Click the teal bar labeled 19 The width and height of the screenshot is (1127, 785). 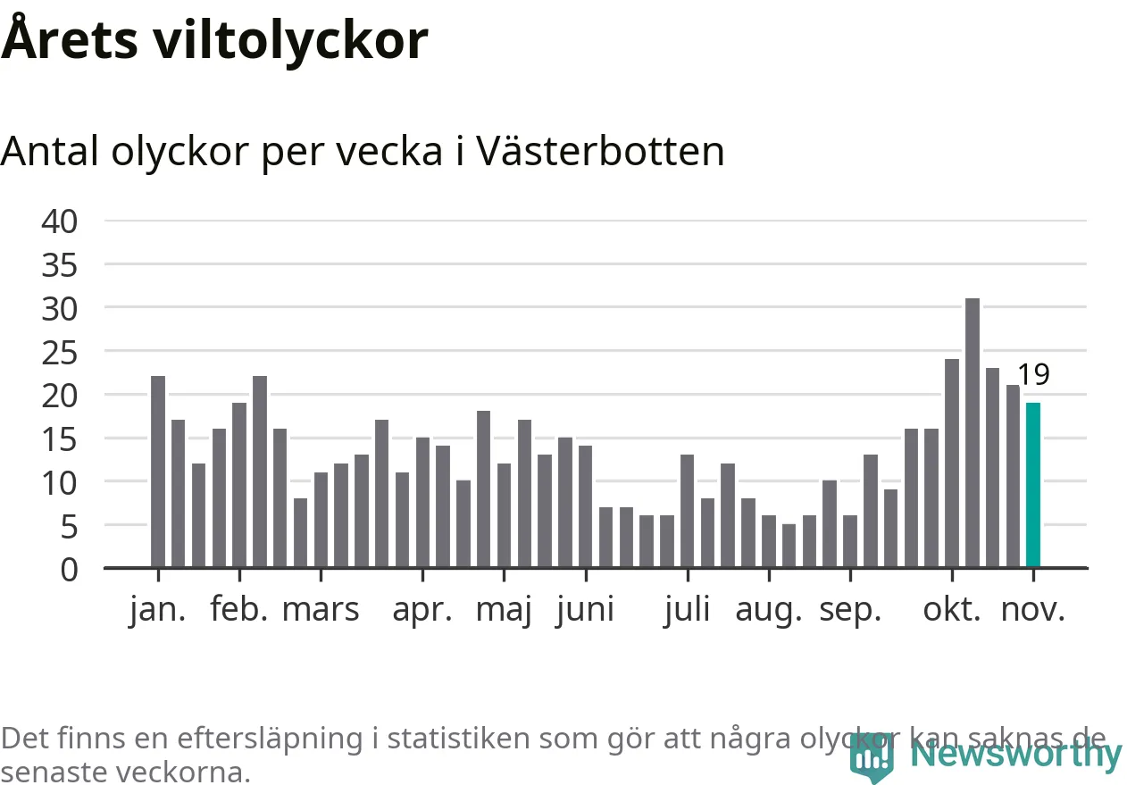(1033, 485)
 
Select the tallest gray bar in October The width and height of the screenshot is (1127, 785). (973, 433)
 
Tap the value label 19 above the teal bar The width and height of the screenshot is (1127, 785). (1033, 375)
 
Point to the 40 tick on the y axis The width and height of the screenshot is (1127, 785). (60, 221)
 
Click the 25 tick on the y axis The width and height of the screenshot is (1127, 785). (60, 352)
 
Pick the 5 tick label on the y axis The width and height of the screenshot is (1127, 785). (69, 526)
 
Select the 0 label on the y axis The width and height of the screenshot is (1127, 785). (69, 569)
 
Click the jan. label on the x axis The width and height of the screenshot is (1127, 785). (158, 610)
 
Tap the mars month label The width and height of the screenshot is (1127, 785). (321, 610)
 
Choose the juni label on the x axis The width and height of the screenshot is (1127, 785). (585, 610)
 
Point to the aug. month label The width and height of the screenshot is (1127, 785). (769, 610)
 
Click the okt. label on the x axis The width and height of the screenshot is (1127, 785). (952, 610)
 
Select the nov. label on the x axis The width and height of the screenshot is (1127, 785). (1033, 610)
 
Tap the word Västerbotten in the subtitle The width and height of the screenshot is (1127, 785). (600, 152)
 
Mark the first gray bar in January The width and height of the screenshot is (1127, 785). (158, 472)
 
